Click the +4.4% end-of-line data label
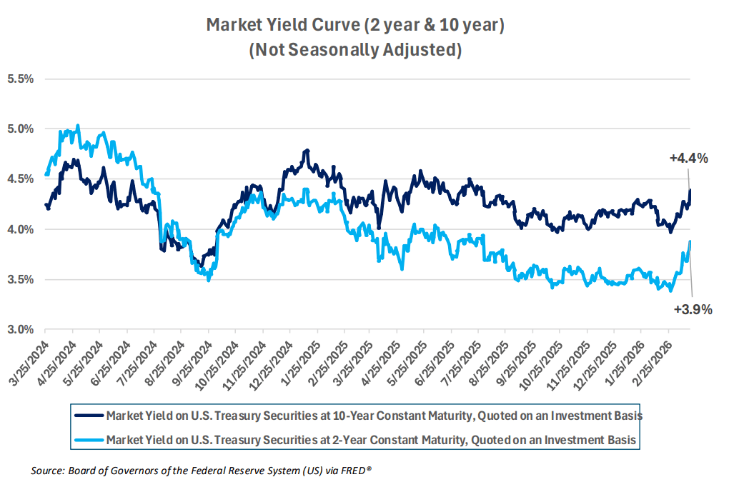[688, 159]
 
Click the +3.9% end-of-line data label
[693, 309]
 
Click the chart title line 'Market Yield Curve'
[355, 26]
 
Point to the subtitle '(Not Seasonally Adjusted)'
[355, 51]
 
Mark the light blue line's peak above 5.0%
[78, 126]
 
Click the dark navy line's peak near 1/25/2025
[307, 151]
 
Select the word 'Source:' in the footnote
[46, 471]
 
